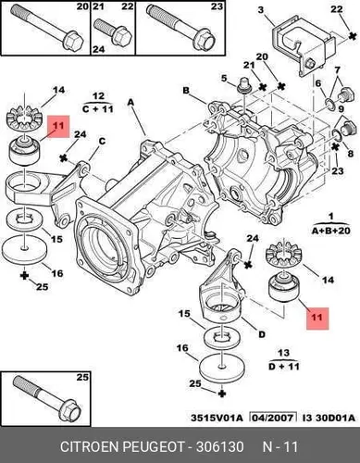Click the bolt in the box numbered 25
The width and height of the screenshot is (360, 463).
click(47, 397)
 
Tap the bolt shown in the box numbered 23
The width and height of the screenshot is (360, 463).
click(181, 27)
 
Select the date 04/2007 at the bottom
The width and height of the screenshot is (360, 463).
click(272, 418)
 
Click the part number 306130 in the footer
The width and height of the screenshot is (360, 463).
click(220, 446)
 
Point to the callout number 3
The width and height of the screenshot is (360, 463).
click(261, 10)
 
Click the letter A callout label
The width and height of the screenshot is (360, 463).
click(131, 102)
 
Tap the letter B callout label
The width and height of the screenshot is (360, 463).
click(186, 91)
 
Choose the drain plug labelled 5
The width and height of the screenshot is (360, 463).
click(244, 86)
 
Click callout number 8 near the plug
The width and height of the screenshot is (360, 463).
click(350, 153)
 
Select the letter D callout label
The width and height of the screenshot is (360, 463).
click(262, 334)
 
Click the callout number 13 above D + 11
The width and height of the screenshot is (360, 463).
click(283, 353)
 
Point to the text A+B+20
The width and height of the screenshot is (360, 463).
click(331, 231)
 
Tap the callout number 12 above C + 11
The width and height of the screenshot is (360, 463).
click(98, 96)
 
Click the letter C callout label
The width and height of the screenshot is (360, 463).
click(102, 142)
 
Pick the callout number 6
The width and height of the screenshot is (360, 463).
click(318, 83)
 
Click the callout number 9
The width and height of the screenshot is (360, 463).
click(341, 109)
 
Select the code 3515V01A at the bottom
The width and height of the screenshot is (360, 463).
click(217, 418)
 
